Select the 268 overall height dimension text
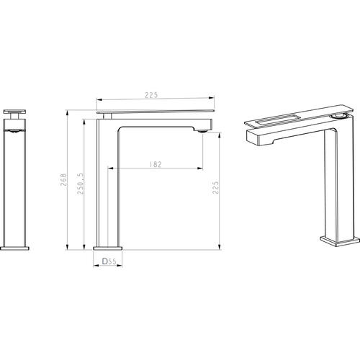(64, 180)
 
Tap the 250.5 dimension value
(81, 184)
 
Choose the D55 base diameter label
(109, 261)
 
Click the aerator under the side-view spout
(202, 131)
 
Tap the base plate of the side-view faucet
(108, 248)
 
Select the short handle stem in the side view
(107, 117)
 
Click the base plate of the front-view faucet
(14, 248)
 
